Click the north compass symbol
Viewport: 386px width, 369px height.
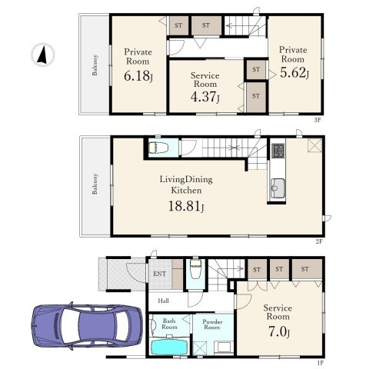click(x=43, y=55)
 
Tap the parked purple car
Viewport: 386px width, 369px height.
click(x=87, y=326)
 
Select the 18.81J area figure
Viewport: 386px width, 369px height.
click(x=186, y=206)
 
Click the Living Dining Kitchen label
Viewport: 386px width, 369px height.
click(x=186, y=184)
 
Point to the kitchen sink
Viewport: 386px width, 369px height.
click(x=278, y=188)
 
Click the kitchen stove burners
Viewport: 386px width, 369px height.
click(x=278, y=151)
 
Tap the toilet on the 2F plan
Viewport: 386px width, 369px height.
click(x=158, y=148)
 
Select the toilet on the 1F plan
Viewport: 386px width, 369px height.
click(x=195, y=269)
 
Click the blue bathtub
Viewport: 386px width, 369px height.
click(x=169, y=347)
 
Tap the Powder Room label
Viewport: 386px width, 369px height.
click(x=212, y=324)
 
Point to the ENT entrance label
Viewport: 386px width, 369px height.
click(x=159, y=274)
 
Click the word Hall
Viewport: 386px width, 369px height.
click(x=163, y=301)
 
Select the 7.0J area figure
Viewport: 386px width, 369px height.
click(x=279, y=332)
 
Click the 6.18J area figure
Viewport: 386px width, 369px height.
click(x=138, y=76)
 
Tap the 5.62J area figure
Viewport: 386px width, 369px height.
click(x=294, y=72)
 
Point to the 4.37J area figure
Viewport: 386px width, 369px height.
click(x=205, y=97)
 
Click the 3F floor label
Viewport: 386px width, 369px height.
click(x=318, y=120)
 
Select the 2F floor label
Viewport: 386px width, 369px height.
click(x=318, y=241)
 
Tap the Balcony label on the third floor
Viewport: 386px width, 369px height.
click(x=95, y=65)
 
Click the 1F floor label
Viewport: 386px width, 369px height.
click(x=321, y=363)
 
